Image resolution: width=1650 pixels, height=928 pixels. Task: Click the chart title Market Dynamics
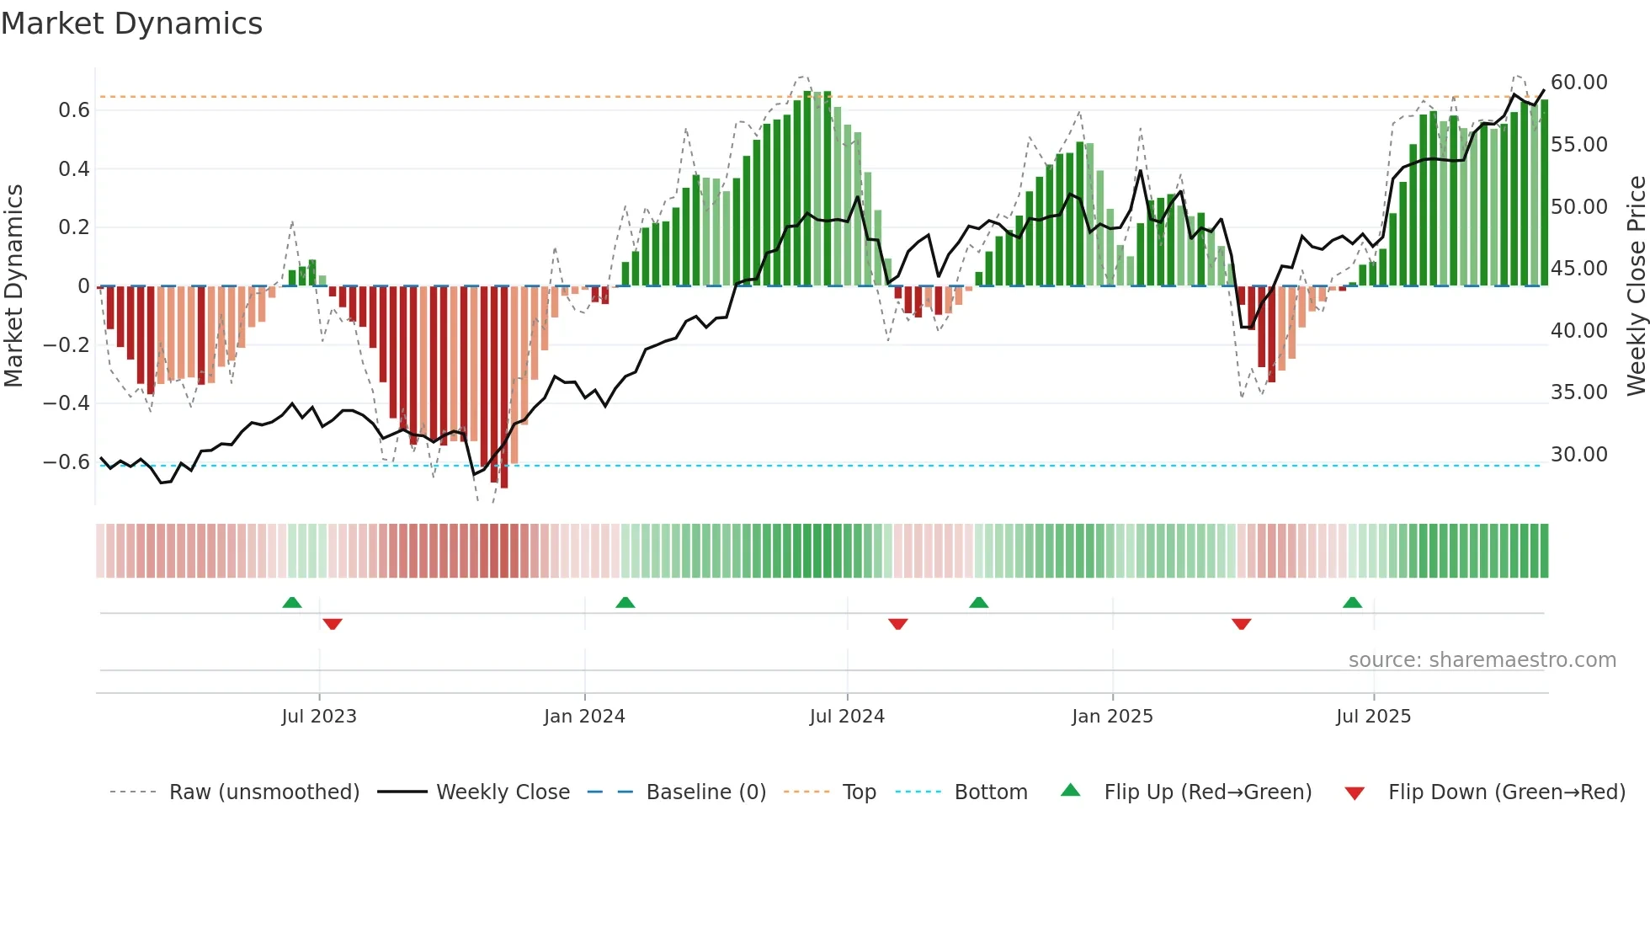coord(131,24)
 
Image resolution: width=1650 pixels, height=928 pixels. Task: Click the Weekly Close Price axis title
coord(1636,285)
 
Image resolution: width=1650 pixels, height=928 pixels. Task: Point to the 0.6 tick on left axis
coord(74,110)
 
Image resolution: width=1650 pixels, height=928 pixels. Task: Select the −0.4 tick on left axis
coord(67,403)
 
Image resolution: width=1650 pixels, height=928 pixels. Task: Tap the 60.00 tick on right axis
coord(1578,83)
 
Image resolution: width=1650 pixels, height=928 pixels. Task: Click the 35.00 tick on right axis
coord(1578,392)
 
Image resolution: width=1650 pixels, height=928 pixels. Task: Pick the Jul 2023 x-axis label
coord(319,717)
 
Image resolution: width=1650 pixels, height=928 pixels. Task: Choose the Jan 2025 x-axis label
coord(1112,717)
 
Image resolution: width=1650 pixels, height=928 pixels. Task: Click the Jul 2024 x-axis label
coord(847,717)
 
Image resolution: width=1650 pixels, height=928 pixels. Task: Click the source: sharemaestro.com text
coord(1482,660)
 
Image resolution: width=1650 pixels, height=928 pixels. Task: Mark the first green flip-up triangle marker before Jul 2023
coord(292,603)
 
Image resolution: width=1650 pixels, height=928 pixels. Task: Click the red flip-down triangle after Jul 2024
coord(897,624)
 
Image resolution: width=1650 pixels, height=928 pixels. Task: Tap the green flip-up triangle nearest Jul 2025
coord(1352,603)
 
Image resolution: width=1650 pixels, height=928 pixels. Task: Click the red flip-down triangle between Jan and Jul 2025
coord(1241,624)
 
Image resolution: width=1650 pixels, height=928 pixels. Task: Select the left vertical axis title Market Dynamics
coord(13,285)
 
